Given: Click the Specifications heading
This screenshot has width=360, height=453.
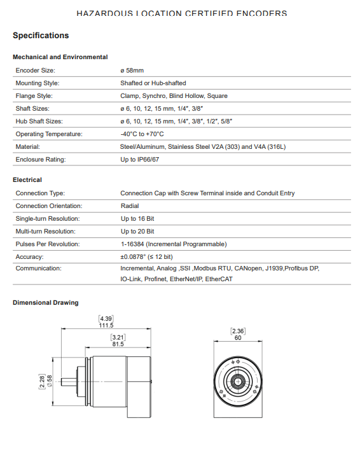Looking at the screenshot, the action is [x=41, y=35].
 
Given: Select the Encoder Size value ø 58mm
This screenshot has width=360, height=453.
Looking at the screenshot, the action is [x=132, y=71].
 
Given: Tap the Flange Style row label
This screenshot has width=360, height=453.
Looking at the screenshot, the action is [x=34, y=96].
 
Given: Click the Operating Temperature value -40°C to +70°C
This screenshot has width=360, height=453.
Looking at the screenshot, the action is [x=142, y=134].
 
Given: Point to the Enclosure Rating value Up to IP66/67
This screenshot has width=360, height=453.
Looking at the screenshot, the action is [x=140, y=160].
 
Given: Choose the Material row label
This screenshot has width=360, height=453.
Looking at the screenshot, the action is [x=28, y=147].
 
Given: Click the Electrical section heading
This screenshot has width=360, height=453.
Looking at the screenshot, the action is [x=27, y=179].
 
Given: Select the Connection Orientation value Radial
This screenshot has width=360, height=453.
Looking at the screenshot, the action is [x=130, y=206].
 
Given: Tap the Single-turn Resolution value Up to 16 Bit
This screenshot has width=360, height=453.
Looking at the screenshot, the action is [x=137, y=219].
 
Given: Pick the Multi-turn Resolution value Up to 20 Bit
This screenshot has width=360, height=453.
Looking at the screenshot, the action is [x=137, y=232].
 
